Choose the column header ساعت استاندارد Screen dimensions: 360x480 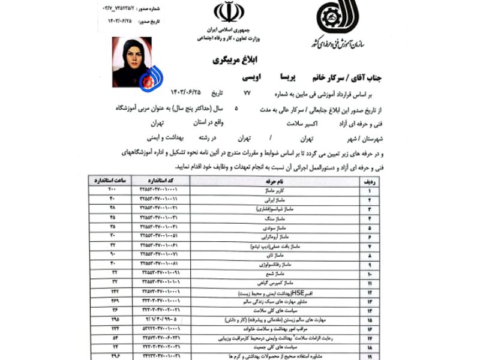point(112,181)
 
